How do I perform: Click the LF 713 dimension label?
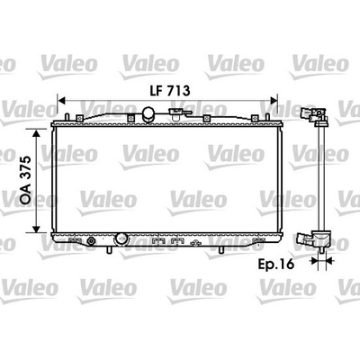(x=170, y=91)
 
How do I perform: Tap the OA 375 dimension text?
(x=26, y=180)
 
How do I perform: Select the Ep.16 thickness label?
(x=276, y=265)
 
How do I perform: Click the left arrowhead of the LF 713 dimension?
(x=61, y=101)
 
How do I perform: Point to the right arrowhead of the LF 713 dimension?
(x=274, y=101)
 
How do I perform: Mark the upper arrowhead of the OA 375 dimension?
(x=36, y=134)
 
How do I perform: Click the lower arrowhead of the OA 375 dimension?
(x=36, y=229)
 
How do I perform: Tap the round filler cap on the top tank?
(x=148, y=114)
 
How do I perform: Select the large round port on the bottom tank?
(x=121, y=239)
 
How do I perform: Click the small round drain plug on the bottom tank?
(x=91, y=240)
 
